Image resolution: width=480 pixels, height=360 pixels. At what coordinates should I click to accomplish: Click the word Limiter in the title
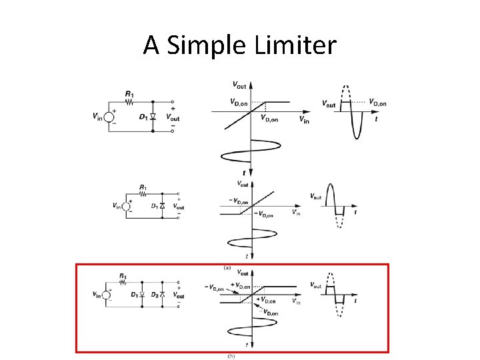(293, 45)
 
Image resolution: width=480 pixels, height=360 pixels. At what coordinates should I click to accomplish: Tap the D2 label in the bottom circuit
(157, 294)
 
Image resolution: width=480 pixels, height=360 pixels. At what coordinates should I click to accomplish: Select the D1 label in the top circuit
(143, 117)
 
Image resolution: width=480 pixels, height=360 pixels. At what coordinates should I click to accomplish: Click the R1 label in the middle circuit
(143, 187)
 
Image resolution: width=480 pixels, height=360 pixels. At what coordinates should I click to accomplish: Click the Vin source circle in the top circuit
(109, 116)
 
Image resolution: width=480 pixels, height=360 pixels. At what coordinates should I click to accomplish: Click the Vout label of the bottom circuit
(179, 294)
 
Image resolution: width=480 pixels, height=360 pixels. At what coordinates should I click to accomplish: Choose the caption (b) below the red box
(231, 357)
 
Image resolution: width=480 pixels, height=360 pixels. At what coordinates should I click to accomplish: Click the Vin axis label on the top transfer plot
(304, 120)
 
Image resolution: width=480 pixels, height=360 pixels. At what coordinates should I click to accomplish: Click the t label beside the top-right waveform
(376, 119)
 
